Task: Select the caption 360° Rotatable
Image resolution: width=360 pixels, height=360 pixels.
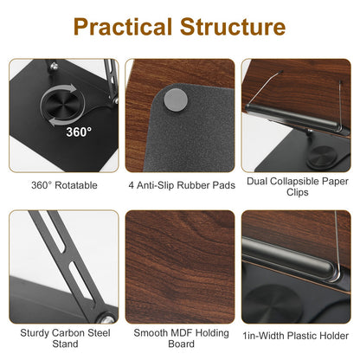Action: coord(64,184)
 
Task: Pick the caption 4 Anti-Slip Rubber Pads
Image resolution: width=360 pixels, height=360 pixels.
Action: coord(180,184)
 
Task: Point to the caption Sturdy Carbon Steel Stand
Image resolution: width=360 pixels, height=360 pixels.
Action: coord(64,337)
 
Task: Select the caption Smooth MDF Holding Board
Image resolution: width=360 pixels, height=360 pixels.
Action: coord(180,337)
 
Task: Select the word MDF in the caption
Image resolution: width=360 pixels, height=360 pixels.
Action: coord(181,331)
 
